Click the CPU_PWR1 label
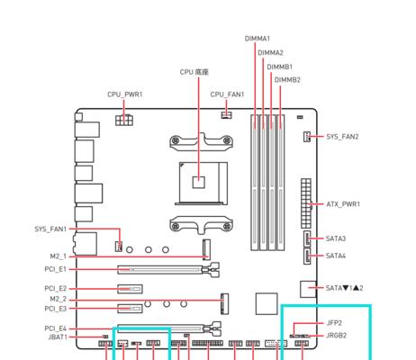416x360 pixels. click(125, 94)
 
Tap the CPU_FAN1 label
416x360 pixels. click(227, 94)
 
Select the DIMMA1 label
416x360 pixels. click(258, 39)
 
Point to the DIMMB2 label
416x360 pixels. click(287, 80)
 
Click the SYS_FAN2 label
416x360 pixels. click(342, 137)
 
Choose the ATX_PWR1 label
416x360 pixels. click(343, 204)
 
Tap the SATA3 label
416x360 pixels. click(336, 238)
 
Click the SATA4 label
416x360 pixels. click(336, 256)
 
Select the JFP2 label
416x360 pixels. click(334, 323)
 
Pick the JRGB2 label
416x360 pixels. click(336, 336)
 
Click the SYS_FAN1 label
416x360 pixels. click(50, 229)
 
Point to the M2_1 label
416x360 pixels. click(58, 256)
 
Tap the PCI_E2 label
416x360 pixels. click(55, 289)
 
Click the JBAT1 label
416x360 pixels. click(58, 337)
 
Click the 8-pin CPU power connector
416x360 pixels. click(124, 120)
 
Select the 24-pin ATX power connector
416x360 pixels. click(306, 203)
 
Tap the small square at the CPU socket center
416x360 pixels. click(199, 182)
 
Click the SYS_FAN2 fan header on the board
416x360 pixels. click(306, 137)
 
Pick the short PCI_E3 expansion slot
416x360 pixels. click(130, 309)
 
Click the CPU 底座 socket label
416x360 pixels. click(194, 72)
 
